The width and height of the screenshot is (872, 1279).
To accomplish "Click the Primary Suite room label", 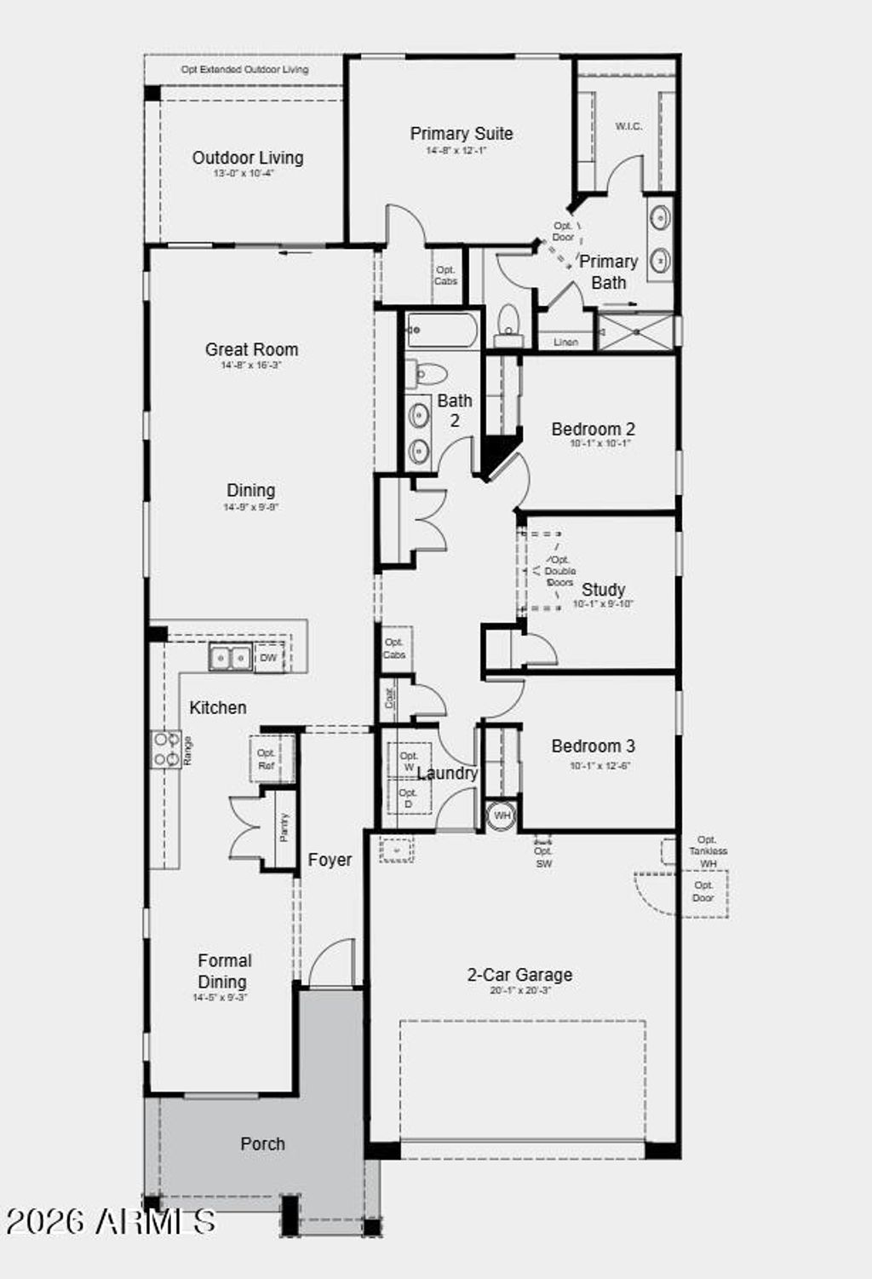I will point(461,134).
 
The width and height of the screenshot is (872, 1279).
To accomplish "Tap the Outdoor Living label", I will point(247,158).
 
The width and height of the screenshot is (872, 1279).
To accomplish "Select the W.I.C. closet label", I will point(628,127).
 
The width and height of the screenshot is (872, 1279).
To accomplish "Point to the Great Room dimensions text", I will point(250,366).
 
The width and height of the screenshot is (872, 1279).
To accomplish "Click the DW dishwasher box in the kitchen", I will point(268,658).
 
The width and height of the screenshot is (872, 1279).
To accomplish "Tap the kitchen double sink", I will point(230,658).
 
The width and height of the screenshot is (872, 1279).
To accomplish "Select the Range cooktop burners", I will point(166,749).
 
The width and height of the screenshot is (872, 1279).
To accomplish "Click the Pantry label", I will point(284,827).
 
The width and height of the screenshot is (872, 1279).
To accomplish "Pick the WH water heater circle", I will point(502,815).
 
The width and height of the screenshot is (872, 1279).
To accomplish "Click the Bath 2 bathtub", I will point(441,330).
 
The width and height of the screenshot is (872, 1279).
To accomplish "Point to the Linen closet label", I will point(565,342).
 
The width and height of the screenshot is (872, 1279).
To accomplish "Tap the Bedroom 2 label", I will point(593,429).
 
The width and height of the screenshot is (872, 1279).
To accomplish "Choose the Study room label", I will point(603,590).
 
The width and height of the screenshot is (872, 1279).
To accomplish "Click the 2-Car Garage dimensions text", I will point(519,991).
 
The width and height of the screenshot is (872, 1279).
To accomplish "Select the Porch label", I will point(262,1144).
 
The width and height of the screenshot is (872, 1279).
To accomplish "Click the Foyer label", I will point(330,861).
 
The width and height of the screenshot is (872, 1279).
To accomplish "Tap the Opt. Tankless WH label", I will point(708,851).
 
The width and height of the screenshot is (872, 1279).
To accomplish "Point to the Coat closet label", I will point(390,699).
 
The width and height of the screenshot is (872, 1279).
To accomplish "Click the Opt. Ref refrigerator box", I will point(267,759).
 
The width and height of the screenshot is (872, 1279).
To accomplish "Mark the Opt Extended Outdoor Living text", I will point(244,70).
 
